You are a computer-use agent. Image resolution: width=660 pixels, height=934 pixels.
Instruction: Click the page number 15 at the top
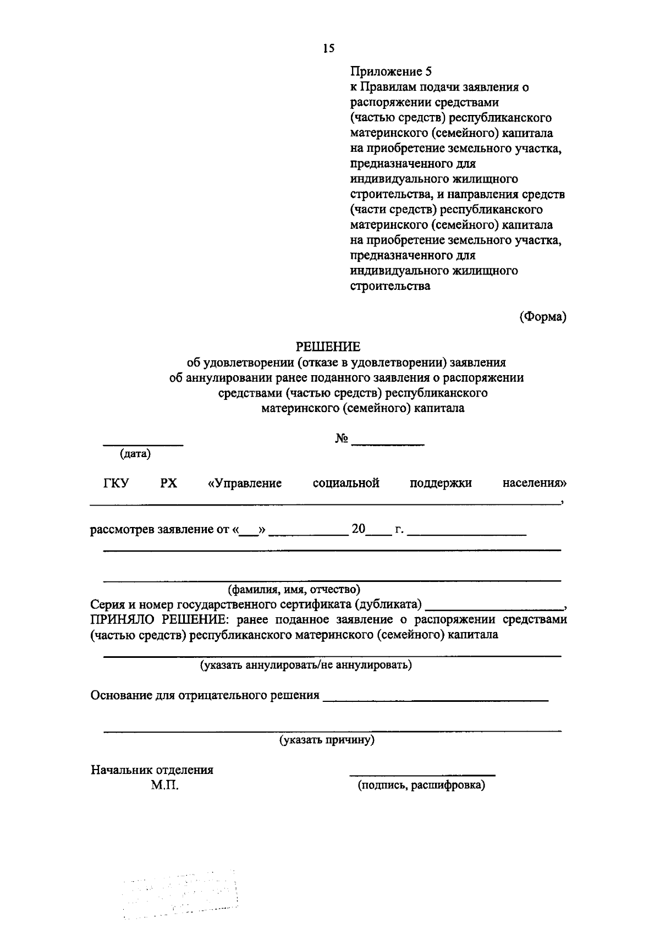pyautogui.click(x=328, y=49)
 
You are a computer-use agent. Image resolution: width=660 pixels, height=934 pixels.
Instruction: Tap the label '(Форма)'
pyautogui.click(x=543, y=317)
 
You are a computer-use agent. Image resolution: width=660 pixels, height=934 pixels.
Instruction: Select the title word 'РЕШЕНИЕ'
pyautogui.click(x=328, y=347)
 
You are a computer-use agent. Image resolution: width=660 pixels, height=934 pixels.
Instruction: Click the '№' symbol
pyautogui.click(x=341, y=439)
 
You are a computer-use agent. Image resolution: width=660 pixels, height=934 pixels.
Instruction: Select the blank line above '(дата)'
pyautogui.click(x=144, y=444)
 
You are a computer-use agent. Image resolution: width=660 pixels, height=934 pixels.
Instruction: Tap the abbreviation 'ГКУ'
pyautogui.click(x=116, y=484)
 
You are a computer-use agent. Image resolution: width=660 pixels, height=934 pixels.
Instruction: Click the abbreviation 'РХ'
pyautogui.click(x=169, y=484)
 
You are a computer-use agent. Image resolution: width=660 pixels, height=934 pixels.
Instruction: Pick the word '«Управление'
pyautogui.click(x=245, y=484)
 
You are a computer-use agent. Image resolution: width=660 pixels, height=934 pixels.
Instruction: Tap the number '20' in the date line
pyautogui.click(x=359, y=529)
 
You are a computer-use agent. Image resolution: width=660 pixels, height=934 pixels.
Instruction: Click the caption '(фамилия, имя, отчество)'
pyautogui.click(x=294, y=590)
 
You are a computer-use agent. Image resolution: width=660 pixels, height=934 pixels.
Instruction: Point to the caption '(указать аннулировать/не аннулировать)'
pyautogui.click(x=306, y=665)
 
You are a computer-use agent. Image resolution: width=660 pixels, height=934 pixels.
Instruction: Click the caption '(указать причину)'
pyautogui.click(x=327, y=740)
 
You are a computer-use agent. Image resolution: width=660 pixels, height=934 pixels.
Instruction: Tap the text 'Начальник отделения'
pyautogui.click(x=152, y=770)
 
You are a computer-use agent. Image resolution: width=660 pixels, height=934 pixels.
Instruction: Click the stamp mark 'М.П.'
pyautogui.click(x=165, y=785)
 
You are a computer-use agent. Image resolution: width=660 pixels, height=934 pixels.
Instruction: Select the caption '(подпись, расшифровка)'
pyautogui.click(x=421, y=785)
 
